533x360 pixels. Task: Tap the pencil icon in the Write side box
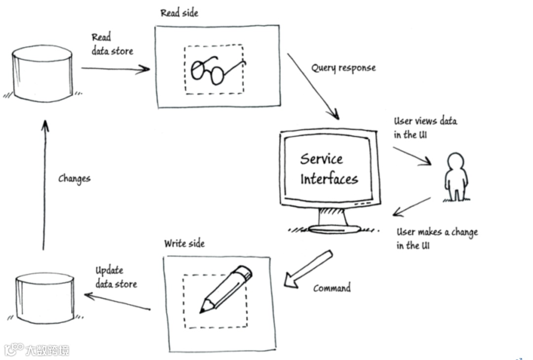tap(225, 289)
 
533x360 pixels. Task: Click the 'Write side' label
tap(184, 243)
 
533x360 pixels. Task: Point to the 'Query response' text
tap(343, 68)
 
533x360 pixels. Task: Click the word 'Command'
tap(332, 287)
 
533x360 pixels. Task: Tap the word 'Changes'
tap(74, 178)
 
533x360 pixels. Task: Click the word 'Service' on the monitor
tap(321, 159)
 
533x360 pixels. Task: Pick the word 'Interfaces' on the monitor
tap(329, 178)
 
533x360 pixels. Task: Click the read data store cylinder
tap(42, 73)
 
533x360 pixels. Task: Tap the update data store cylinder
tap(44, 297)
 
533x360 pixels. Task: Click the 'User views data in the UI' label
tap(425, 128)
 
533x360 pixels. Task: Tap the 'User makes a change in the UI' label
tap(436, 239)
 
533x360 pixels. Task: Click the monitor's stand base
tap(335, 228)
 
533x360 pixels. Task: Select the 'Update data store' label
tap(115, 277)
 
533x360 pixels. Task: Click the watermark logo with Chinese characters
tap(37, 350)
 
